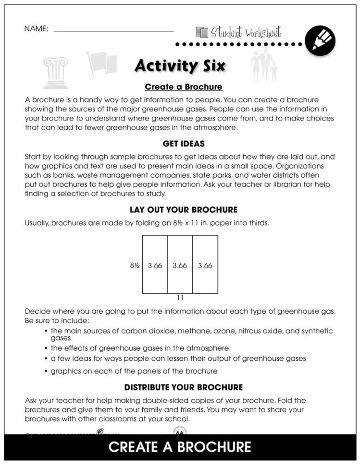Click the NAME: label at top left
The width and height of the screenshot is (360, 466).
click(x=36, y=29)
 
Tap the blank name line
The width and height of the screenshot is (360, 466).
click(x=113, y=31)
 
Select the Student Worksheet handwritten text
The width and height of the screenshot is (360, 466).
click(x=245, y=33)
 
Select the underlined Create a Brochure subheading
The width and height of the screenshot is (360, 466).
click(x=183, y=87)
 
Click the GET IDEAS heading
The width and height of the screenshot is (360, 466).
click(x=183, y=144)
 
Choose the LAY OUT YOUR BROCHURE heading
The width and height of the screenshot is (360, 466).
click(x=183, y=210)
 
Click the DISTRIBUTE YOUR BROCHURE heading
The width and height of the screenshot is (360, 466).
click(x=183, y=387)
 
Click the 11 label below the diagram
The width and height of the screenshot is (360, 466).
click(x=180, y=298)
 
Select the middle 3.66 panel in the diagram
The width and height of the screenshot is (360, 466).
click(x=180, y=265)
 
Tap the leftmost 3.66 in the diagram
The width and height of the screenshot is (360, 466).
click(x=155, y=265)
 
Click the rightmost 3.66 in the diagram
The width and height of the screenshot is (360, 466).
click(x=205, y=265)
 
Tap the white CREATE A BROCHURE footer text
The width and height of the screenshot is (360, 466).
click(x=180, y=447)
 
